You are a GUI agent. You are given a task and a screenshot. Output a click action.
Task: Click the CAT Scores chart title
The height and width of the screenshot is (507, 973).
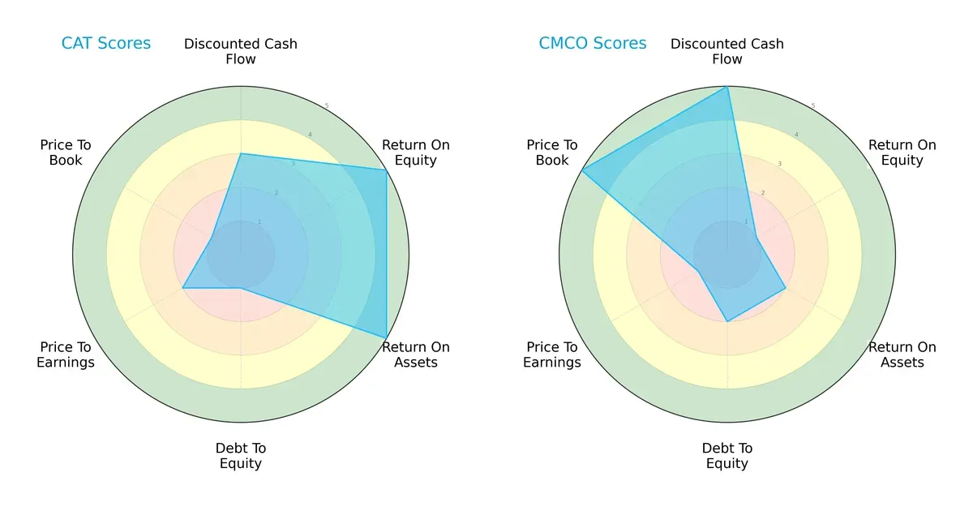[x=106, y=43]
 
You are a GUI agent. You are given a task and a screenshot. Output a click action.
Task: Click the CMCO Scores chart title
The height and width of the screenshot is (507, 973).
[x=593, y=43]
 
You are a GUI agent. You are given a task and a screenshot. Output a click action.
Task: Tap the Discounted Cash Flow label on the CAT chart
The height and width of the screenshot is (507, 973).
[x=241, y=51]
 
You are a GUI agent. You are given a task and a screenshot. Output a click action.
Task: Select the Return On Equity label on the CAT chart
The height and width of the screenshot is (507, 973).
[x=416, y=153]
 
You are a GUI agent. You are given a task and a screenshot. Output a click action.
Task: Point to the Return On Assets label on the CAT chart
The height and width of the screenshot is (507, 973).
[x=416, y=354]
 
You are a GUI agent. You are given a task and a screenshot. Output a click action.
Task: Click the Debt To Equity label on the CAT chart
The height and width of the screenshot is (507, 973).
[x=241, y=456]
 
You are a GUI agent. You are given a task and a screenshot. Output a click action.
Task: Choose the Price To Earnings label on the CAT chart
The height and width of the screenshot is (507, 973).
[x=66, y=354]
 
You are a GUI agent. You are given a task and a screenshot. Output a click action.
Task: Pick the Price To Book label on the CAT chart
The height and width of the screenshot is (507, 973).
[x=66, y=153]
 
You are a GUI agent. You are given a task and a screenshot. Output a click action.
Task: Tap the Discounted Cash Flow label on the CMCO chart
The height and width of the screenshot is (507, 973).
[x=727, y=51]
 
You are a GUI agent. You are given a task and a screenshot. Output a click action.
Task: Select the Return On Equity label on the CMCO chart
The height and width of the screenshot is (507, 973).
[x=902, y=153]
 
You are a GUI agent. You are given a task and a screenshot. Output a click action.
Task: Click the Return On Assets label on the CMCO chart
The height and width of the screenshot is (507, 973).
[x=902, y=354]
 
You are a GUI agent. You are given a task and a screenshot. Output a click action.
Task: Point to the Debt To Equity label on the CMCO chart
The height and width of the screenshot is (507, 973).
[x=727, y=456]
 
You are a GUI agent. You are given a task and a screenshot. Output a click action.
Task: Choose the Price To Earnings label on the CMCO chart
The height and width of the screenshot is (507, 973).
[x=552, y=354]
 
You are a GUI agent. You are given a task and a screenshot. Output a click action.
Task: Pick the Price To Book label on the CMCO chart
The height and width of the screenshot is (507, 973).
[x=552, y=153]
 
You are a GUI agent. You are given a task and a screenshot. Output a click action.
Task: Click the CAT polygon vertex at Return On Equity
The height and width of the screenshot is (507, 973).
[x=386, y=170]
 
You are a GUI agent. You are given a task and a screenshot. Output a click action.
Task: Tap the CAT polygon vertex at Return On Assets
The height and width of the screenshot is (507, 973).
[x=386, y=337]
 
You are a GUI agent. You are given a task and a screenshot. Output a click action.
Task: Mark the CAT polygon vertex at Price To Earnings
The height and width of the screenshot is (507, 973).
[x=182, y=287]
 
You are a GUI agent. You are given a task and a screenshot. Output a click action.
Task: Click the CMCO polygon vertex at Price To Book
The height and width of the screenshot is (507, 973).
[x=582, y=170]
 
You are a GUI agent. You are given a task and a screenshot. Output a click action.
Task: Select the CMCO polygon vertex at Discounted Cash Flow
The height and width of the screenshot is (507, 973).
[x=727, y=87]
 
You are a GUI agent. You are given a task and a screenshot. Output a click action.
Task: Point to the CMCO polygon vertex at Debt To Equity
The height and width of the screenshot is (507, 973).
[x=727, y=321]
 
